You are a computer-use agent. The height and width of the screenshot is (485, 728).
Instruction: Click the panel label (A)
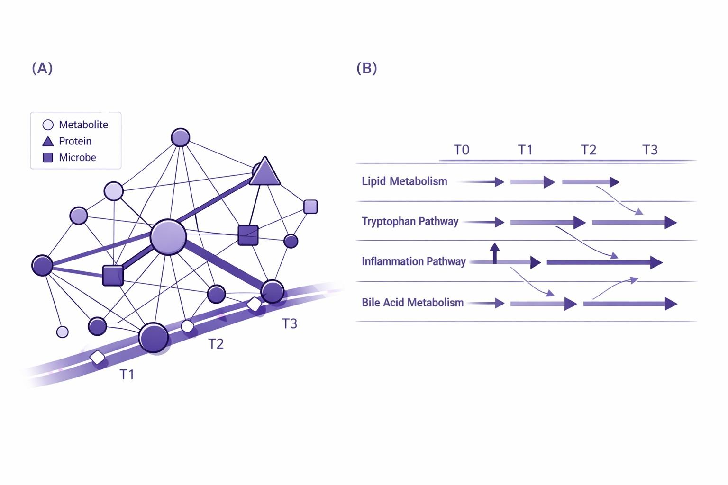[x=42, y=68]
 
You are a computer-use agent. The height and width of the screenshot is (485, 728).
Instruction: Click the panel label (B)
[x=366, y=68]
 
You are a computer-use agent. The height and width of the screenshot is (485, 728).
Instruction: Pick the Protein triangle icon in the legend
[x=48, y=141]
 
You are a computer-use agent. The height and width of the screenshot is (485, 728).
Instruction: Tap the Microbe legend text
[x=77, y=157]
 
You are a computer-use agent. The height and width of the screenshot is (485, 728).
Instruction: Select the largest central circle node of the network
[x=168, y=237]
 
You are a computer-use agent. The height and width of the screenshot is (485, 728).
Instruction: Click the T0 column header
[x=461, y=150]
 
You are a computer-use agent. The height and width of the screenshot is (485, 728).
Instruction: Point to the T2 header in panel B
[x=588, y=150]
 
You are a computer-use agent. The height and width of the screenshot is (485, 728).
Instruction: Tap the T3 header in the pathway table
[x=650, y=150]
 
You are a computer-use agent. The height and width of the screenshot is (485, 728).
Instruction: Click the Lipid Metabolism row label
[x=404, y=181]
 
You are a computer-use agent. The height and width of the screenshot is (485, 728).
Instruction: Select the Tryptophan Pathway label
[x=410, y=221]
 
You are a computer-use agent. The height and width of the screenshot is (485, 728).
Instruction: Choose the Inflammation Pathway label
[x=413, y=261]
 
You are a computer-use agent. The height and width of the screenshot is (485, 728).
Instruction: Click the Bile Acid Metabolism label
[x=412, y=302]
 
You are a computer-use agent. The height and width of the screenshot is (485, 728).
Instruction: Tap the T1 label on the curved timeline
[x=127, y=374]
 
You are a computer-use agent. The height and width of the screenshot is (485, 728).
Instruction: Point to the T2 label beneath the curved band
[x=216, y=343]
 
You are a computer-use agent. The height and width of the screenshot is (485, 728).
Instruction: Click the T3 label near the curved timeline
[x=289, y=323]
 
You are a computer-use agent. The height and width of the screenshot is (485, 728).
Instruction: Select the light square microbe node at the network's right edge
[x=310, y=207]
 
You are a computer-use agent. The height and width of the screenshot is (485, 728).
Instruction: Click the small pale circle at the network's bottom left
[x=62, y=332]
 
